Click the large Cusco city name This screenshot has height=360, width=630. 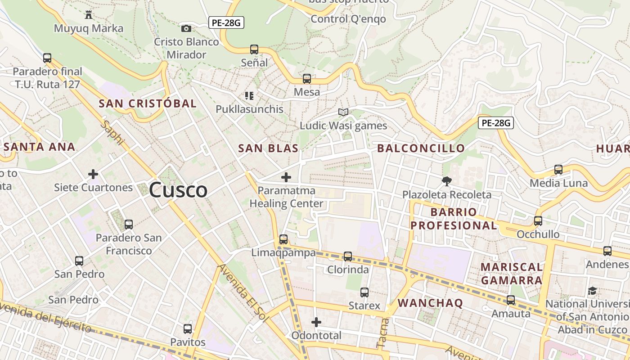(x=178, y=190)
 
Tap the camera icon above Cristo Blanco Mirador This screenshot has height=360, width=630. (x=186, y=29)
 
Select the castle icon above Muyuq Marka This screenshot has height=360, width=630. (x=89, y=15)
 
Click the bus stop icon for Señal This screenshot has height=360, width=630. (x=254, y=49)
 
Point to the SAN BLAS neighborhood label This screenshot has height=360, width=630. (x=268, y=148)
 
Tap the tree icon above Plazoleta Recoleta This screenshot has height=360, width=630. (x=446, y=181)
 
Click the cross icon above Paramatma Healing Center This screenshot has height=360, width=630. (x=286, y=177)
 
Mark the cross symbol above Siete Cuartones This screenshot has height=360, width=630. (x=93, y=174)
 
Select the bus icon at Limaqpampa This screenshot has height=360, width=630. (x=283, y=239)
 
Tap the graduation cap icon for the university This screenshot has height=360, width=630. (x=592, y=291)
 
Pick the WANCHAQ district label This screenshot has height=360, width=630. (x=430, y=303)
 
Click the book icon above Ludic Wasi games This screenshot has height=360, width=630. (x=343, y=112)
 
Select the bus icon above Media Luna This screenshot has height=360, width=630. (x=558, y=170)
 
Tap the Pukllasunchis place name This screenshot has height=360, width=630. (x=249, y=109)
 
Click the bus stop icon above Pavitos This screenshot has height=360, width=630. (x=188, y=329)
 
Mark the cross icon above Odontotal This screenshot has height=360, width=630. (x=316, y=322)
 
